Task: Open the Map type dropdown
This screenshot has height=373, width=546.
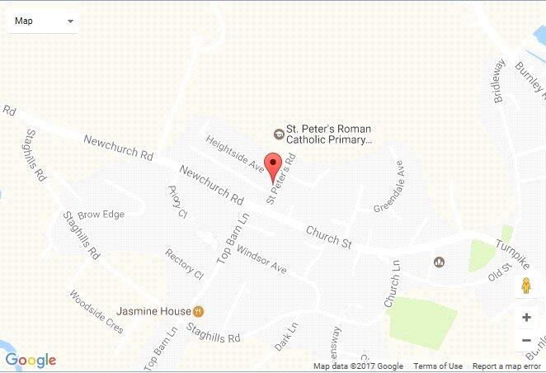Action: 43,21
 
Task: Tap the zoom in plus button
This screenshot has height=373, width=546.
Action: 526,317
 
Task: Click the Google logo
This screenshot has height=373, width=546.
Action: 31,360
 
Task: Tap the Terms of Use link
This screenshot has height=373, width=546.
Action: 438,366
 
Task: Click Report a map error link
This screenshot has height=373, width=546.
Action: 506,366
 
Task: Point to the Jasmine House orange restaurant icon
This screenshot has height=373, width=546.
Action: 198,312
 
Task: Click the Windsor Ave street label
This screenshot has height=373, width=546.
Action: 261,258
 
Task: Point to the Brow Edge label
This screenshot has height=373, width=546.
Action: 101,215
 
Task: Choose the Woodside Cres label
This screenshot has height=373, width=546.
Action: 96,310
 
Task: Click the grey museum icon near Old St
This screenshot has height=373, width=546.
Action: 440,262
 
